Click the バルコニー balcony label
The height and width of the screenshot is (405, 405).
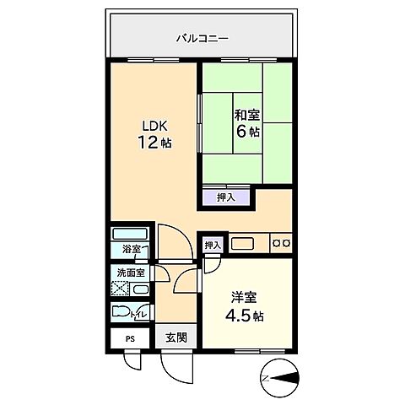point(202,38)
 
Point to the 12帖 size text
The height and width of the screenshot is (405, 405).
point(154,143)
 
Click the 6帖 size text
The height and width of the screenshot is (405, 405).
point(247,132)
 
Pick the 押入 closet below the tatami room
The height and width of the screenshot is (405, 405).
point(225,198)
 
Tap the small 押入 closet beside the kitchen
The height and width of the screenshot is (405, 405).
point(212,245)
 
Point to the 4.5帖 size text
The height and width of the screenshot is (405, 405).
point(245,316)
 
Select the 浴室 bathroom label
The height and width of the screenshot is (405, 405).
point(131,250)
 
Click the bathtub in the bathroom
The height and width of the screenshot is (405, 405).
point(131,234)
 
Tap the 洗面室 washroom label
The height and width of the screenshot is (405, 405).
point(131,273)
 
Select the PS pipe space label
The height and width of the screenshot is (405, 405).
point(130,339)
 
